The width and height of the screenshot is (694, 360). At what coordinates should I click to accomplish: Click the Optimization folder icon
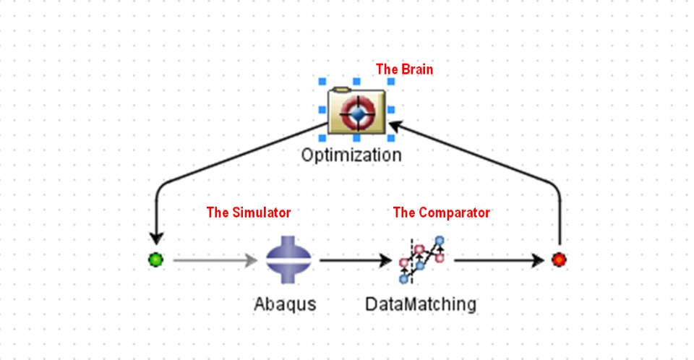(x=356, y=111)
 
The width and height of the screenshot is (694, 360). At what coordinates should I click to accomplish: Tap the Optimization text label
(x=351, y=155)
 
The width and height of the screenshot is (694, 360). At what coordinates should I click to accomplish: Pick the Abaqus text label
(x=285, y=304)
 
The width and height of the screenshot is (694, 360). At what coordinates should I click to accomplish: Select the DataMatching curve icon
(x=421, y=260)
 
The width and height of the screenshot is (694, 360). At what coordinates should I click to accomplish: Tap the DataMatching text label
(x=421, y=304)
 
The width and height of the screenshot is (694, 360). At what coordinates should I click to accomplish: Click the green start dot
(x=156, y=260)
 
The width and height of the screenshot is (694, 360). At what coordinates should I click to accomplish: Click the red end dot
(x=558, y=260)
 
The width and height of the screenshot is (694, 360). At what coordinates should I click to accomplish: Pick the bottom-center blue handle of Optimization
(x=356, y=137)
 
